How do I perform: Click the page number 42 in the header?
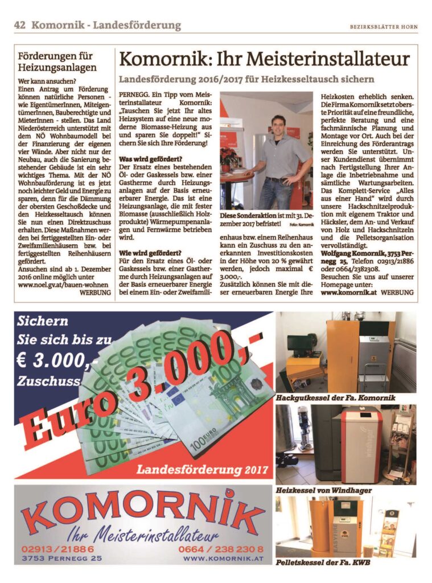pos(20,25)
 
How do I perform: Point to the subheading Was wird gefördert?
pos(146,158)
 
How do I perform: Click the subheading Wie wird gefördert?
pos(147,252)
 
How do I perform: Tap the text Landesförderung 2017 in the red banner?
pos(201,470)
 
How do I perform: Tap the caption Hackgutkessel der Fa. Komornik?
pos(335,397)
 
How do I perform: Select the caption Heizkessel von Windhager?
pos(323,490)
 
